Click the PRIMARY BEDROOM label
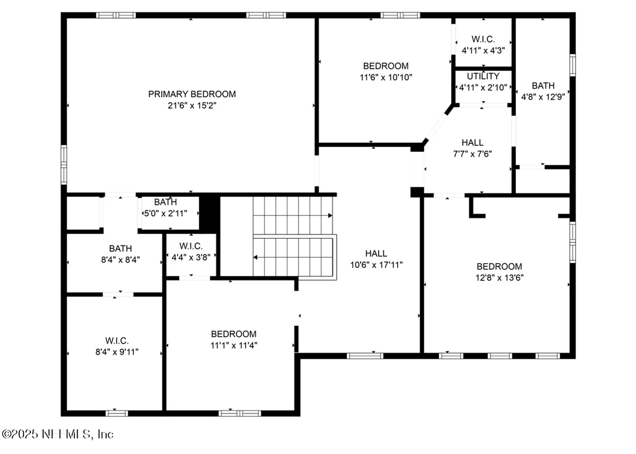(x=192, y=94)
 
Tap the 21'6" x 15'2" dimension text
(x=192, y=106)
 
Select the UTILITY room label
(x=483, y=76)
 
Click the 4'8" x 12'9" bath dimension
(x=543, y=97)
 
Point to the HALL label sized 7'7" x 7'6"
(x=472, y=143)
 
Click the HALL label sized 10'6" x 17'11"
(x=376, y=253)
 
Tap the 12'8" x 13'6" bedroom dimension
(x=499, y=278)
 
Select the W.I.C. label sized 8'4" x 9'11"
(x=117, y=341)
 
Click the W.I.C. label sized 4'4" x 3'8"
(x=191, y=246)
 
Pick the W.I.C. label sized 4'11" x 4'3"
(x=483, y=39)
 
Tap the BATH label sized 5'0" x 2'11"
(x=165, y=202)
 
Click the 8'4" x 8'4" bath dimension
(x=120, y=260)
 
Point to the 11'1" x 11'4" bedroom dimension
(x=234, y=346)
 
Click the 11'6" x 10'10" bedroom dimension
(x=386, y=78)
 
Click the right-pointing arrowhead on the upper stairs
(x=330, y=216)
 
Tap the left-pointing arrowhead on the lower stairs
(x=255, y=257)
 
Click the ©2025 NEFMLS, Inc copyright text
(x=58, y=434)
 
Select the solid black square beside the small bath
(x=209, y=213)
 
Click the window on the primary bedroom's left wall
(x=64, y=165)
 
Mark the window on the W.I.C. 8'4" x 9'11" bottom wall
(x=116, y=413)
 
